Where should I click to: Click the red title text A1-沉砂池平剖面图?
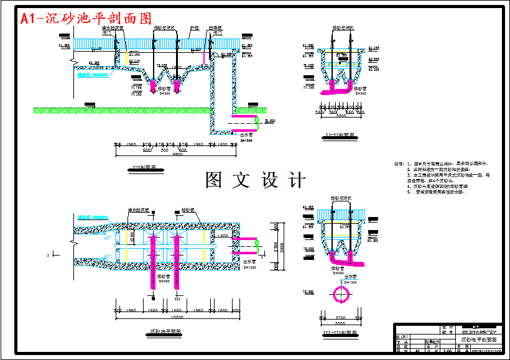click(86, 19)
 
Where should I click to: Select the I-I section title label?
click(144, 167)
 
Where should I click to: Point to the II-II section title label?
click(340, 135)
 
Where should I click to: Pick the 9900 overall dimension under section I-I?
click(178, 154)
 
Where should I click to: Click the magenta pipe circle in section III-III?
click(341, 293)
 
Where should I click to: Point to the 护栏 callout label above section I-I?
click(194, 28)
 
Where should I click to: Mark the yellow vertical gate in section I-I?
click(127, 58)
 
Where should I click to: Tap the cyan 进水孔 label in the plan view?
click(93, 218)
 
